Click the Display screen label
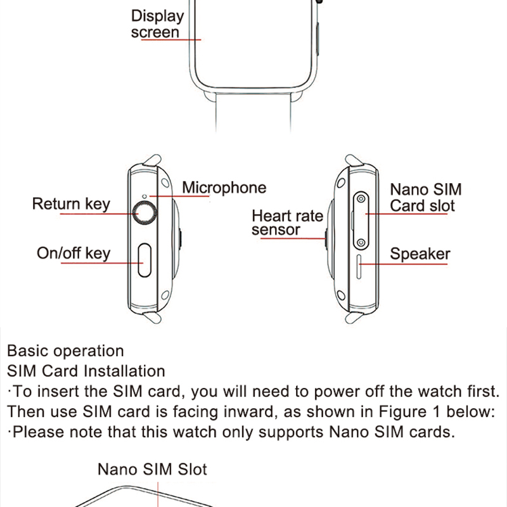(157, 24)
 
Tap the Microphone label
(224, 188)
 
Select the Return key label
(71, 204)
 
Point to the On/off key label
(74, 253)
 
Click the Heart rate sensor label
(287, 222)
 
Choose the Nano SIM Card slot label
(425, 197)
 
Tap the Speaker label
(420, 254)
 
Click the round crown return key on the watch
(146, 213)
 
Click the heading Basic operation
(65, 351)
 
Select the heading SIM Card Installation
(86, 371)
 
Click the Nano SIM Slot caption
(152, 470)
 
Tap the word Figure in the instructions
(404, 411)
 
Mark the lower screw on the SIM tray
(361, 242)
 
